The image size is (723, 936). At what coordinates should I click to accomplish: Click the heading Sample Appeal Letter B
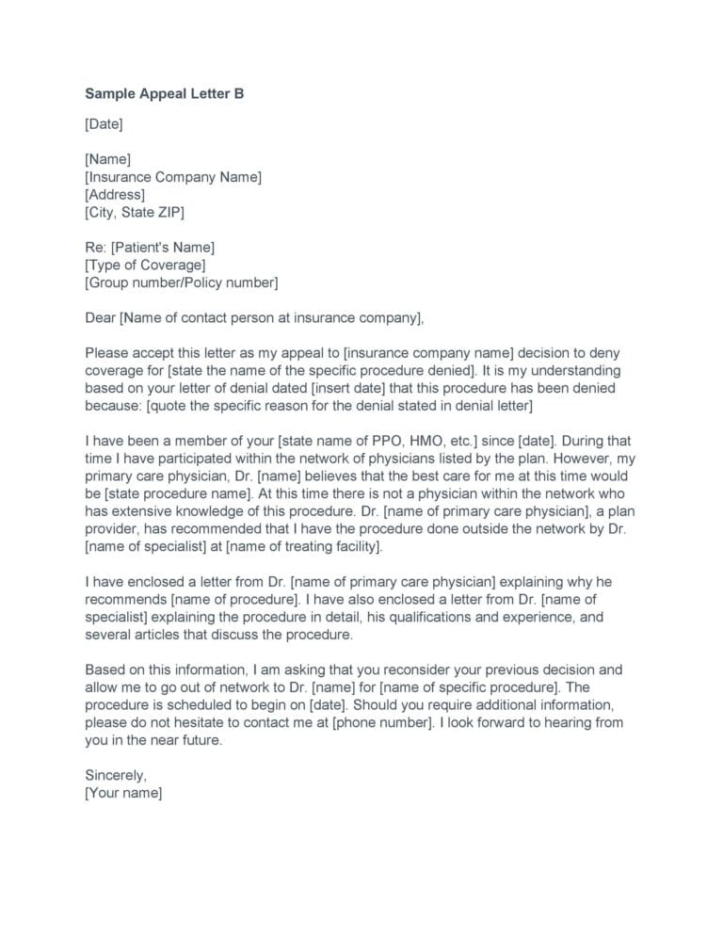click(x=165, y=94)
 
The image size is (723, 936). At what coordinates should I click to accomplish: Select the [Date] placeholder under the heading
click(x=104, y=123)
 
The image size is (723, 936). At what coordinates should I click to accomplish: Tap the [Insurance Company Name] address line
click(x=173, y=177)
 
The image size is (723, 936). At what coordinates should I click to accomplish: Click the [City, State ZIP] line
click(x=136, y=212)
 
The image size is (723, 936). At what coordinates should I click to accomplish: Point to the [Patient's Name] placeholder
click(x=163, y=248)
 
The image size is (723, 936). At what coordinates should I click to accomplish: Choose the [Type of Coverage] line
click(x=145, y=265)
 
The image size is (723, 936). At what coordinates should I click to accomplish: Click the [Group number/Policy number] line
click(x=182, y=282)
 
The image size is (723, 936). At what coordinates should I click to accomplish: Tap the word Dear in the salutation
click(x=100, y=318)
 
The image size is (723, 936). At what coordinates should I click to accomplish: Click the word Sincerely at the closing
click(x=116, y=776)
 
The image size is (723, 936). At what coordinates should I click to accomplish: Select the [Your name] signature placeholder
click(x=124, y=794)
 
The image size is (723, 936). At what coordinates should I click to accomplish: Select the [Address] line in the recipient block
click(x=115, y=194)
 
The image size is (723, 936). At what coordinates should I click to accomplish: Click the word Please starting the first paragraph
click(x=107, y=353)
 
